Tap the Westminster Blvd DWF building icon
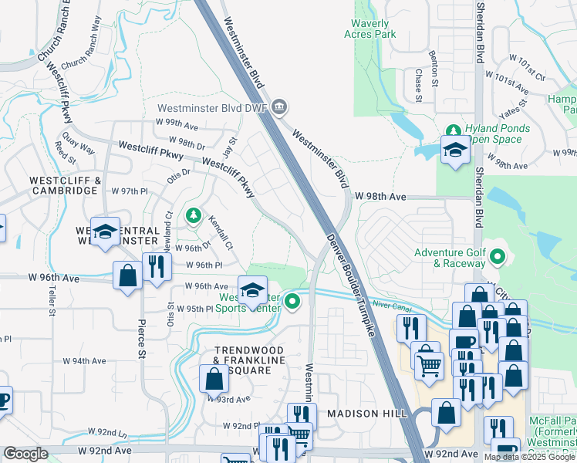pos(279,106)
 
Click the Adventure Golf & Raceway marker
pos(498,255)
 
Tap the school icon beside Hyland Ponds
pos(455,150)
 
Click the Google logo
pos(26,454)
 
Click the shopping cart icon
pos(429,364)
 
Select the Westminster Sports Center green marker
pos(292,301)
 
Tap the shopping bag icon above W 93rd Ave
pos(214,379)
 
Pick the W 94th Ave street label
pos(85,360)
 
